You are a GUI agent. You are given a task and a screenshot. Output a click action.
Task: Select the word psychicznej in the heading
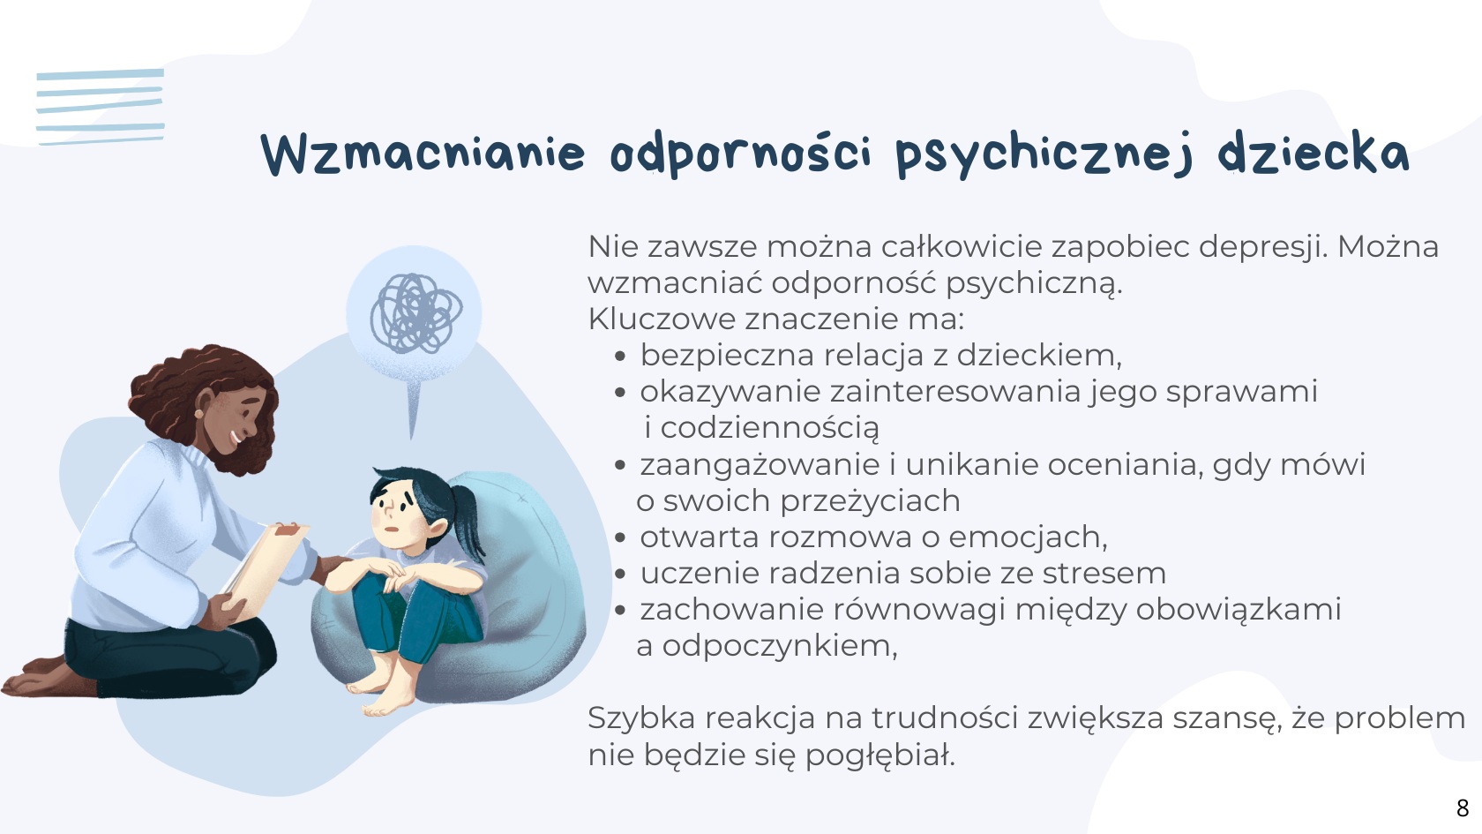coord(1045,155)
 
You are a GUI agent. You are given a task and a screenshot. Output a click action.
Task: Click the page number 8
coord(1463,808)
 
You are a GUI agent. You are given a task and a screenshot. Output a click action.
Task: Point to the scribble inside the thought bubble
coord(416,313)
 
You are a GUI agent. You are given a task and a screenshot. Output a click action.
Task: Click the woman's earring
coord(198,414)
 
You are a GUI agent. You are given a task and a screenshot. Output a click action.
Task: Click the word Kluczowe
coord(662,319)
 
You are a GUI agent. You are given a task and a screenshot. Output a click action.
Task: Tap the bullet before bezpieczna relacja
coord(620,357)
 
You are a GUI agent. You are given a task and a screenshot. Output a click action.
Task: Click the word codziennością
coord(770,429)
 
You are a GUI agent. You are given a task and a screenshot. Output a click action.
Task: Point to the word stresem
coord(1104,574)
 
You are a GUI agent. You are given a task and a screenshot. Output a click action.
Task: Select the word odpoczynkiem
coord(780,647)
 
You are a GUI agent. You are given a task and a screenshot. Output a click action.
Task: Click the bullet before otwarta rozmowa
coord(620,537)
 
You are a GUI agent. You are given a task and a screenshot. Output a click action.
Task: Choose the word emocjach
coord(1029,537)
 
